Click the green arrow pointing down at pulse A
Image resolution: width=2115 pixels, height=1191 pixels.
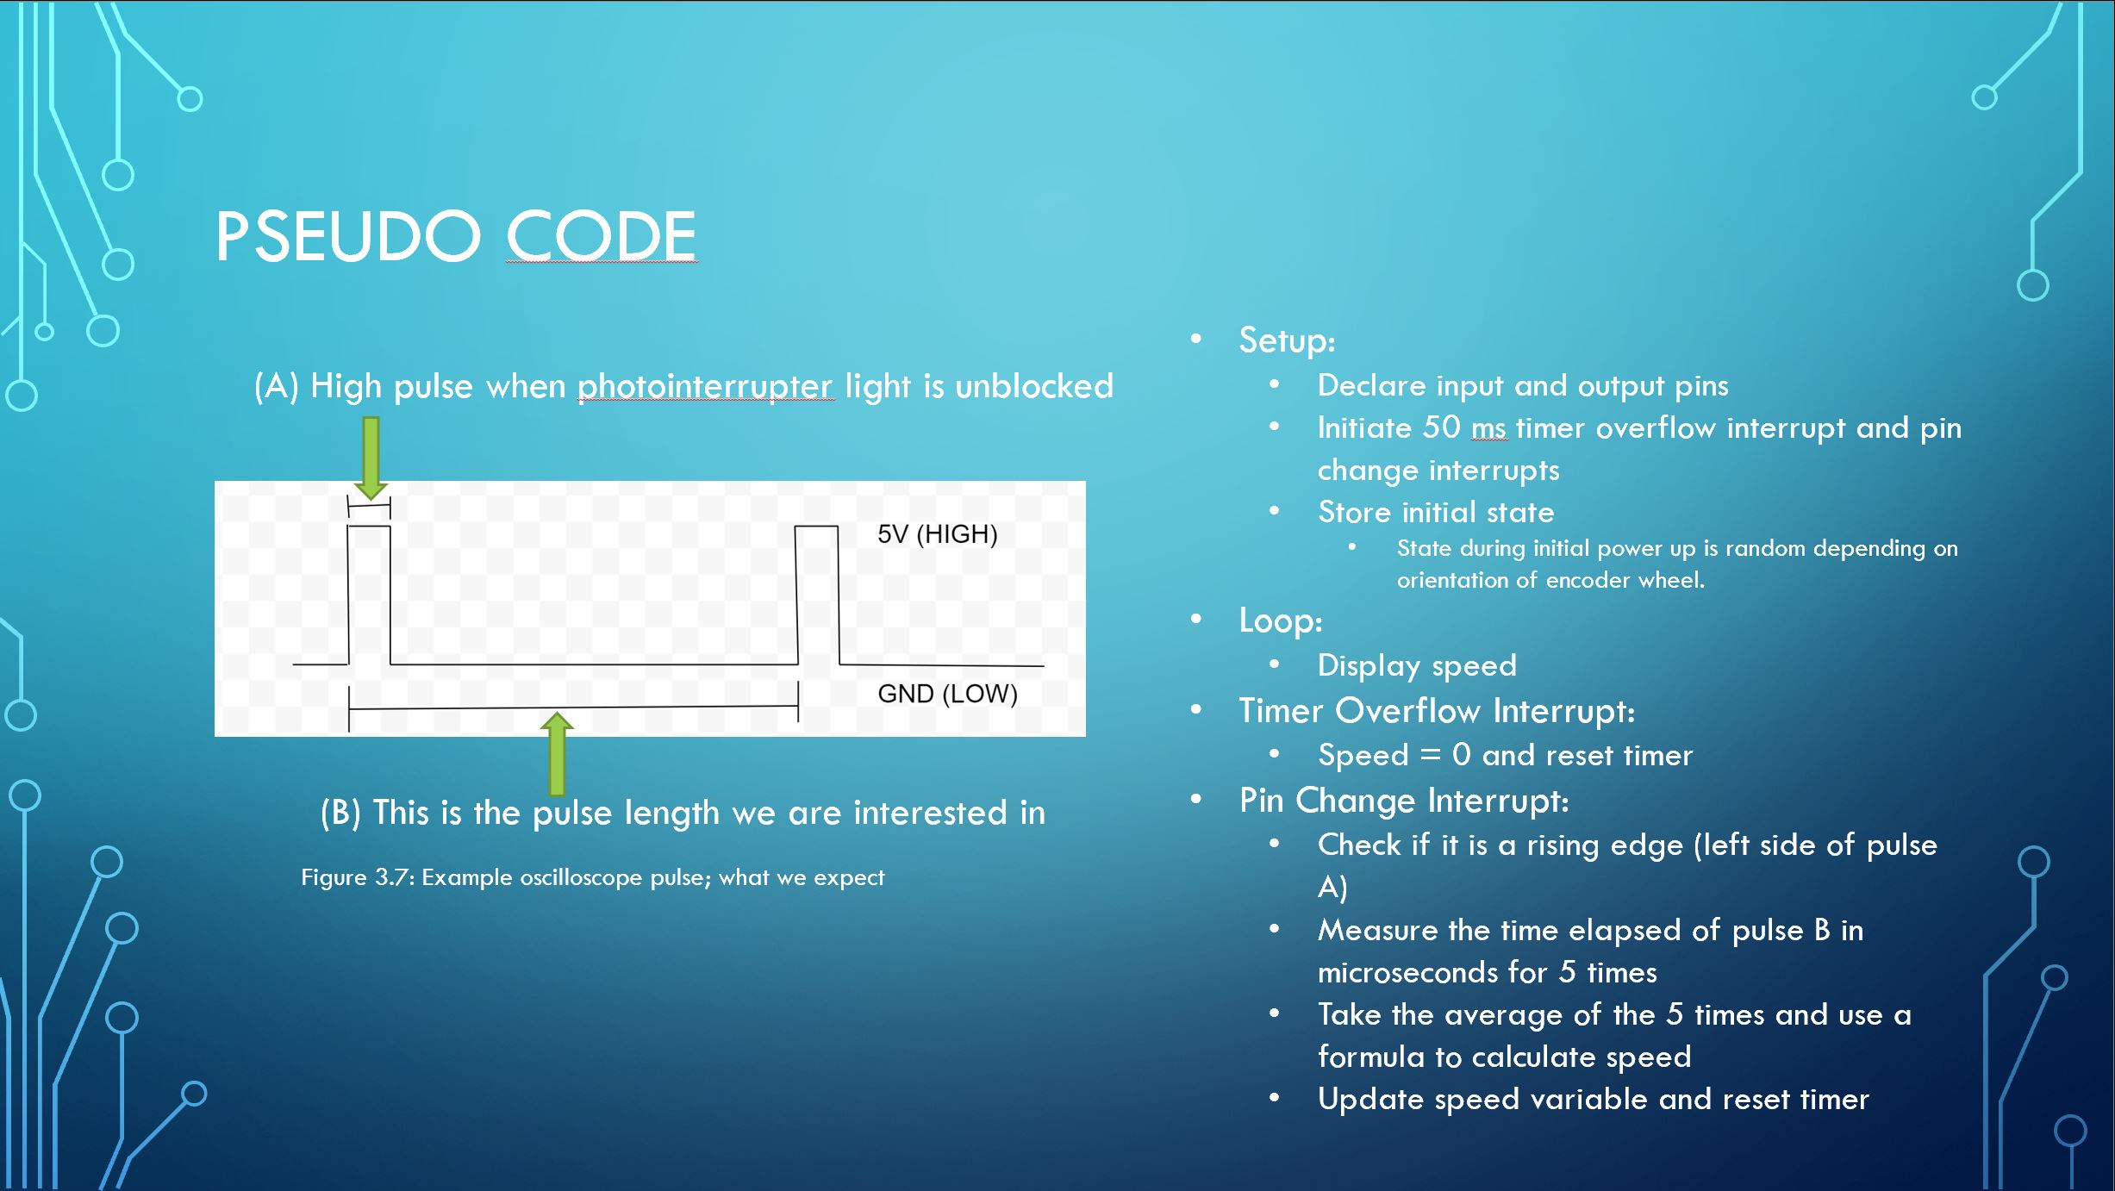[x=371, y=458]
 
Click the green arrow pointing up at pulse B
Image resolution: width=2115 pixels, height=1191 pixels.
[x=557, y=753]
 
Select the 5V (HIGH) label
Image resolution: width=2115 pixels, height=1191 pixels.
[x=938, y=534]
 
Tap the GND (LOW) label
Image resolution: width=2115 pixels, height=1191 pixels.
[x=947, y=694]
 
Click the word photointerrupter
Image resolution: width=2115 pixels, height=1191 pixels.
[x=706, y=386]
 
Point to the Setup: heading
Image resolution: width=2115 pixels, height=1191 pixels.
[x=1287, y=340]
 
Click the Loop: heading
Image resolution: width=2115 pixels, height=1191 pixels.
[x=1281, y=620]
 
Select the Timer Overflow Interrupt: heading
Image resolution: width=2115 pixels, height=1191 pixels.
[x=1437, y=711]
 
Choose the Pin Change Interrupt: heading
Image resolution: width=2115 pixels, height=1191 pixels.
[x=1404, y=801]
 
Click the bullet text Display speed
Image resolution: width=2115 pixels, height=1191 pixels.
[x=1417, y=665]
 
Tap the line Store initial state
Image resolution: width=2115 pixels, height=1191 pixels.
[x=1436, y=513]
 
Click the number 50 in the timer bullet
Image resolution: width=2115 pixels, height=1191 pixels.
[x=1441, y=427]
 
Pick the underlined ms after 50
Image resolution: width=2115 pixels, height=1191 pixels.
[x=1489, y=429]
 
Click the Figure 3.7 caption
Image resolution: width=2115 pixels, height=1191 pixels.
[x=592, y=877]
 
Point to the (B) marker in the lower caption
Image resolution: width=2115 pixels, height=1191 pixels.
[x=340, y=813]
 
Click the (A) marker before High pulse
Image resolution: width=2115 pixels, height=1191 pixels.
[x=276, y=386]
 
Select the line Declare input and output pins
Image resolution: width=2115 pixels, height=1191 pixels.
[x=1523, y=386]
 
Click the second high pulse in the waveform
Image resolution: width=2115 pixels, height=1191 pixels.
[x=816, y=595]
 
